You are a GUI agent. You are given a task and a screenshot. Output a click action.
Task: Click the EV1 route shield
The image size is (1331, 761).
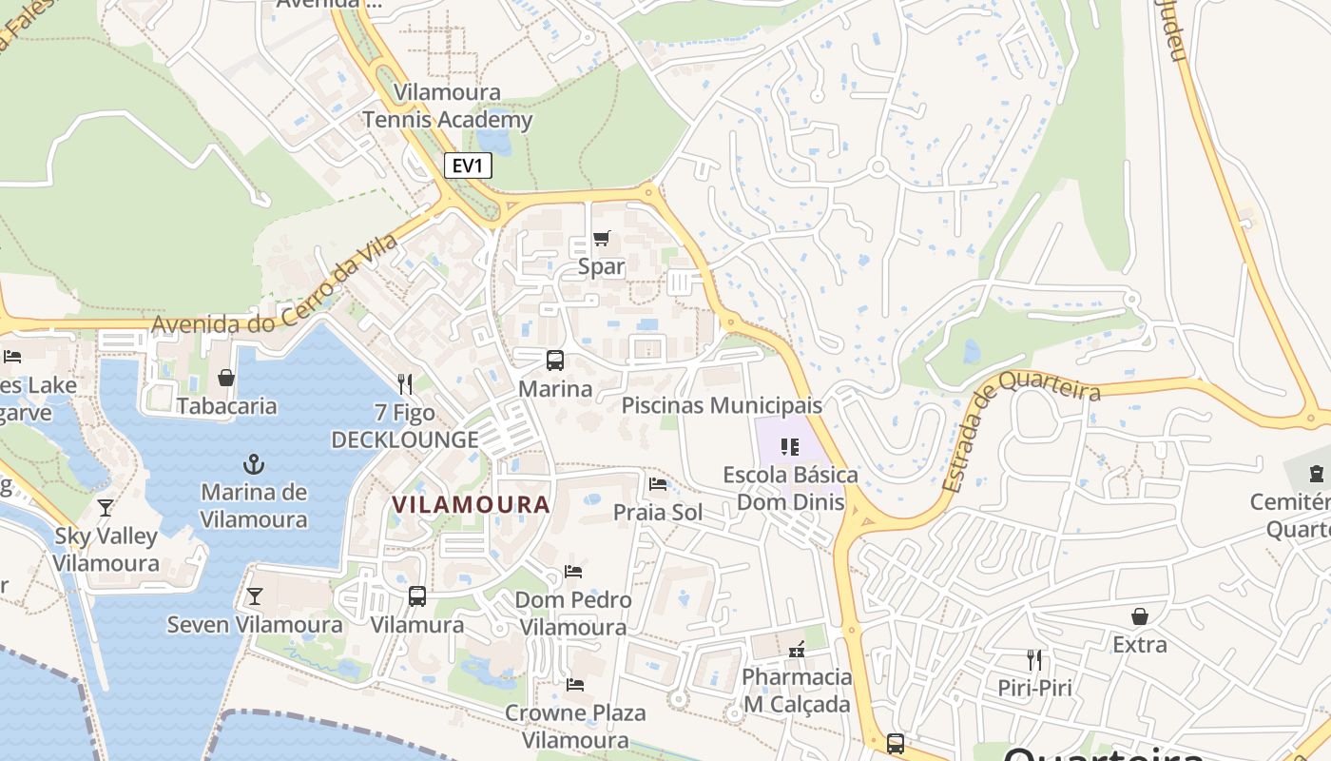(x=468, y=166)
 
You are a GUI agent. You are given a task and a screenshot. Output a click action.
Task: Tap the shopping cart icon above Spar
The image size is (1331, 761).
(x=601, y=239)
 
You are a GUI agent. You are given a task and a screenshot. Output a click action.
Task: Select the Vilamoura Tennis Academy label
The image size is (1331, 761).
(x=447, y=107)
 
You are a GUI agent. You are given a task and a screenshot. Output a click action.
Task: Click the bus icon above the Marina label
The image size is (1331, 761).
(x=555, y=361)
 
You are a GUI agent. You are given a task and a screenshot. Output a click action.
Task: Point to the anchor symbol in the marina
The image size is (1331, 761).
(x=253, y=464)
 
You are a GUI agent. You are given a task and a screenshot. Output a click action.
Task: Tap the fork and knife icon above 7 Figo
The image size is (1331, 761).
(x=405, y=383)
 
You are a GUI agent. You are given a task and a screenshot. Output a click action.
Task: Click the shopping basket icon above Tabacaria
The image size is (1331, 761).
(x=226, y=378)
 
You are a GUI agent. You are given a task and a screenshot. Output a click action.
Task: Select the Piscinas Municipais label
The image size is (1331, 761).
(x=722, y=405)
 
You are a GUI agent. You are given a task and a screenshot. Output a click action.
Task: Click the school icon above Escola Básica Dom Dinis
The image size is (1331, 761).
(x=789, y=446)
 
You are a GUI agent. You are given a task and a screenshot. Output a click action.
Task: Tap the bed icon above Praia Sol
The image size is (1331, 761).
(x=658, y=484)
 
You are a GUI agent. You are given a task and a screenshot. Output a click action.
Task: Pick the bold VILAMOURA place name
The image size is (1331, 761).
(x=472, y=505)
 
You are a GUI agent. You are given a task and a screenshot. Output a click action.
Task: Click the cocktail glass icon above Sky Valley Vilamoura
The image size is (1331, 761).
(x=106, y=507)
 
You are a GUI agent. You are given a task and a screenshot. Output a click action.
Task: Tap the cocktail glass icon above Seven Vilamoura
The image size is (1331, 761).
(x=254, y=596)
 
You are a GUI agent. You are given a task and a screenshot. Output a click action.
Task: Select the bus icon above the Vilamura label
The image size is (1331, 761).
(x=417, y=596)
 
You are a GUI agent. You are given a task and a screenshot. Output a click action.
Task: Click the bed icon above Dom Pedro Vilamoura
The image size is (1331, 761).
(x=573, y=572)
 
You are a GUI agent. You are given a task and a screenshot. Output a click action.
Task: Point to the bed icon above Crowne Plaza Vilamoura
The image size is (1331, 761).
(x=575, y=684)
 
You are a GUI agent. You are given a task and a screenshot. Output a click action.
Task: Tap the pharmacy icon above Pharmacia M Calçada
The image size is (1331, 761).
(x=797, y=650)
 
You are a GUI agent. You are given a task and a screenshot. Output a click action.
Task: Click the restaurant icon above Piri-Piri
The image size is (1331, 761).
(x=1034, y=659)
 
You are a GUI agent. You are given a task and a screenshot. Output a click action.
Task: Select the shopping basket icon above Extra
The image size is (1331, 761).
(x=1140, y=616)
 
